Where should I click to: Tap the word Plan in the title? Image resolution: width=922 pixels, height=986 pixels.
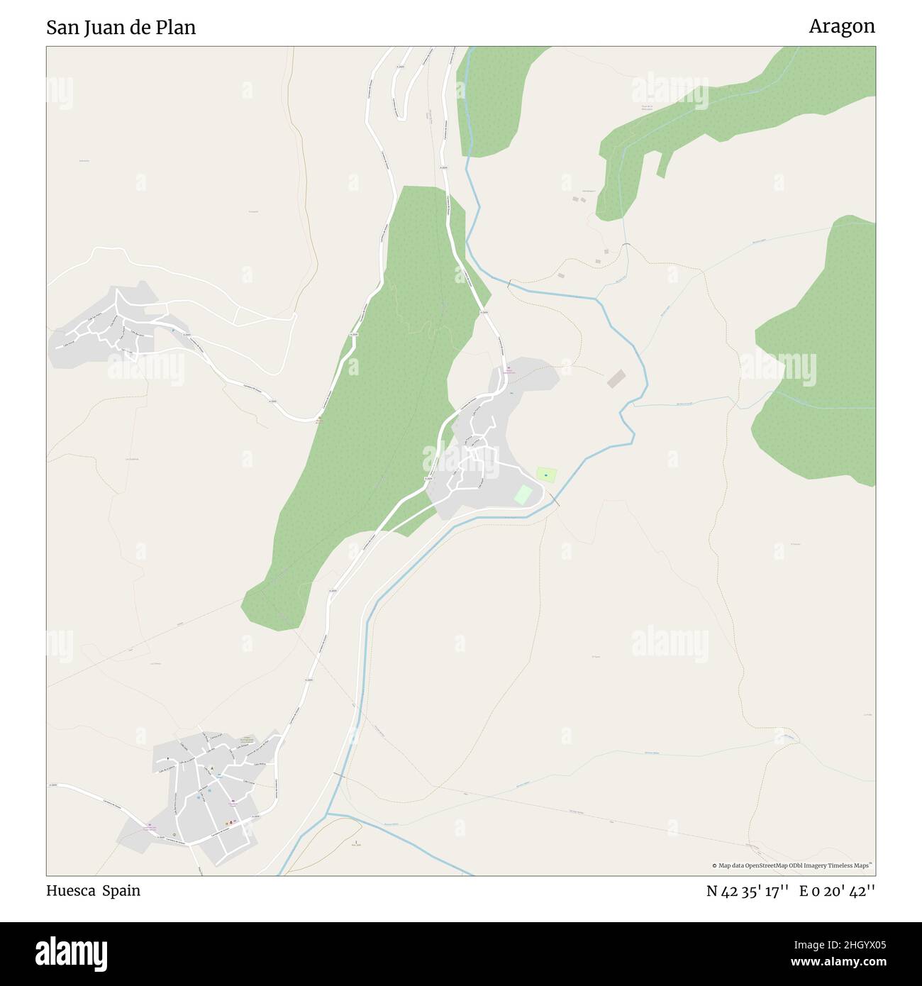[x=177, y=28]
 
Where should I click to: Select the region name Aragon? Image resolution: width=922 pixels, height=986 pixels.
[x=842, y=27]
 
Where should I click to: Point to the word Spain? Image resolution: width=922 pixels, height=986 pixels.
[x=121, y=891]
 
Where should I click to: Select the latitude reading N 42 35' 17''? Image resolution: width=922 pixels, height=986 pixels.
[x=748, y=892]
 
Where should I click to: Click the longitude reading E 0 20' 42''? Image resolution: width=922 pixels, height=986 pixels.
[x=837, y=892]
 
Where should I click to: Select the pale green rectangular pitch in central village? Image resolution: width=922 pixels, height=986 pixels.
[x=523, y=494]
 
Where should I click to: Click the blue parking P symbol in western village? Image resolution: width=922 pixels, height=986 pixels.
[x=172, y=330]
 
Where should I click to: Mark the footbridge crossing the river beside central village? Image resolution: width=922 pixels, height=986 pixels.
[x=557, y=502]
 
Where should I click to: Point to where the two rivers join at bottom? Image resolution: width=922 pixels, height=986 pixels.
[x=329, y=814]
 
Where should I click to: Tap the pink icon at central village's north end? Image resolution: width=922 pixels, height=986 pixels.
[x=507, y=368]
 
